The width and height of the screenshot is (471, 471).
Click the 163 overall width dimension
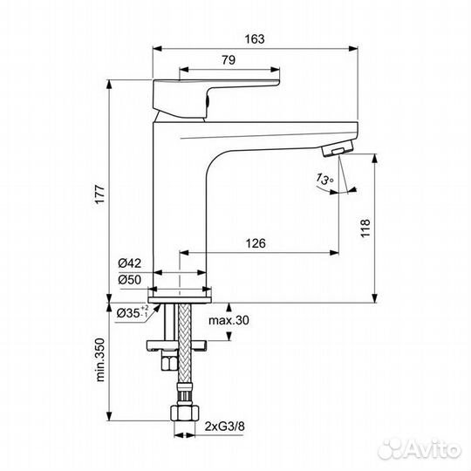(255, 39)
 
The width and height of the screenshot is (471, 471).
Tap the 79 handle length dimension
(229, 60)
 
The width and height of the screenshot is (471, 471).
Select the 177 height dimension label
(100, 195)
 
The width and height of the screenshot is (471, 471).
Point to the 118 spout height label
(365, 229)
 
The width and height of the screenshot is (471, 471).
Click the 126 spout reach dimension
(256, 243)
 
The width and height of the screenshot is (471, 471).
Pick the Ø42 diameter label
(129, 263)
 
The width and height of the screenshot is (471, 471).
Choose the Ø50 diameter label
(129, 280)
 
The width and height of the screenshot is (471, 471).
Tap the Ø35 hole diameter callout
(133, 312)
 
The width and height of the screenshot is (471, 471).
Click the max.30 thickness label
(229, 320)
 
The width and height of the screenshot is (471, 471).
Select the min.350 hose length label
(100, 360)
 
